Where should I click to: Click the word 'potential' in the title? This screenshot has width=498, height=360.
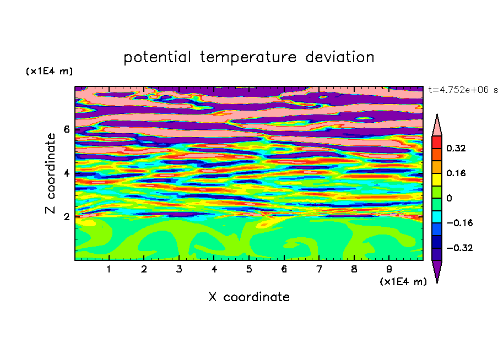click(157, 57)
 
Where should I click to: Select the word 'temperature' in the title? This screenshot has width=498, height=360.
click(248, 57)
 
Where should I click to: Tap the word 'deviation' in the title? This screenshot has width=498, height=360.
click(340, 57)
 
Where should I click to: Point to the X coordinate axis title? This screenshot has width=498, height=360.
click(249, 297)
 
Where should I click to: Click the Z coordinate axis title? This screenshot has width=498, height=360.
click(51, 173)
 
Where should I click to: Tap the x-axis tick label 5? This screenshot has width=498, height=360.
click(249, 269)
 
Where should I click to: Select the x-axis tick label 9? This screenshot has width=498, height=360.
click(389, 269)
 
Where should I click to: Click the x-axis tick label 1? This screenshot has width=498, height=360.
click(109, 269)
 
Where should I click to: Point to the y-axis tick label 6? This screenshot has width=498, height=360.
click(66, 129)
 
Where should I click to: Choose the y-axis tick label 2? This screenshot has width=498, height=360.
click(66, 217)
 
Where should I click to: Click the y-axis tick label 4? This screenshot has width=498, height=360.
click(66, 173)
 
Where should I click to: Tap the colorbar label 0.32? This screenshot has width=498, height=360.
click(456, 148)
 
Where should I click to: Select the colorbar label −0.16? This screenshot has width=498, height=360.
click(459, 223)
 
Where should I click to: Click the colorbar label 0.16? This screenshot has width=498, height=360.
click(456, 173)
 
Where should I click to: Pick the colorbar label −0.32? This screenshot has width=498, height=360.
click(459, 248)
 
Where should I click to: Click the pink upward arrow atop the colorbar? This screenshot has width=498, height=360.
click(437, 125)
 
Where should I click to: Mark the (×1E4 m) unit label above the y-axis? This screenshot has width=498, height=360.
click(49, 71)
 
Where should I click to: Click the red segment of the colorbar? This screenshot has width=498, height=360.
click(437, 142)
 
